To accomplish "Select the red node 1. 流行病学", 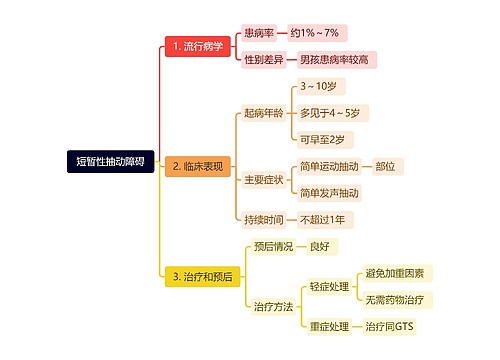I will (197, 46).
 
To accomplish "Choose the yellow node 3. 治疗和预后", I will (204, 277).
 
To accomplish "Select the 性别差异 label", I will (264, 60).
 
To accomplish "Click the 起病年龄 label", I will (263, 113).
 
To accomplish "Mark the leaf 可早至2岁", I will (322, 139).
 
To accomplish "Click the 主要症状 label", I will (263, 180).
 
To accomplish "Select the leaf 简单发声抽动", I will (329, 193).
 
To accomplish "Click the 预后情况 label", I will (273, 246).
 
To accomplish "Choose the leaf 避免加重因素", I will (395, 273).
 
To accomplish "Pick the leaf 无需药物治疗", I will (395, 299).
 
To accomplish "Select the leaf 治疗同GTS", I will (389, 326).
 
